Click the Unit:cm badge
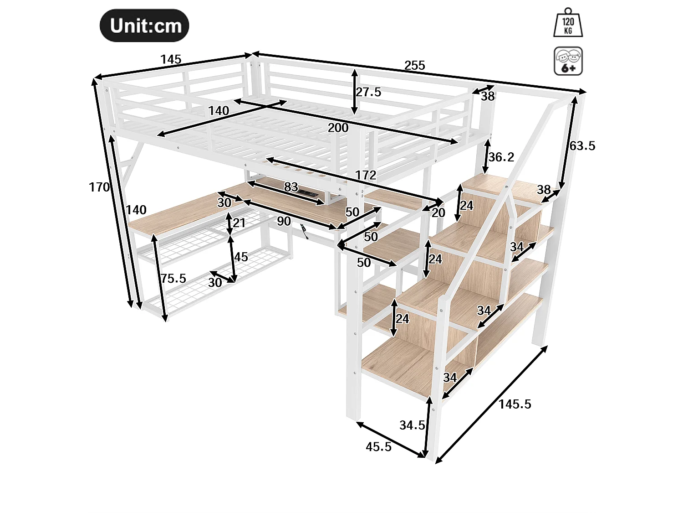[x=144, y=26]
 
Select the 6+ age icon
[x=568, y=61]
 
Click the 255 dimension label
[x=414, y=66]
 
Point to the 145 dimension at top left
[x=171, y=59]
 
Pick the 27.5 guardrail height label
[x=368, y=92]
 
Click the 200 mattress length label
[x=338, y=128]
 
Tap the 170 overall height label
[x=99, y=187]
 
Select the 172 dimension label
[x=366, y=175]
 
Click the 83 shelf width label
[x=291, y=187]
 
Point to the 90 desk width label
[x=284, y=221]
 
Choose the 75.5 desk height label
[x=173, y=278]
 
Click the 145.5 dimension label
[x=515, y=404]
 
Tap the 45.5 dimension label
[x=378, y=447]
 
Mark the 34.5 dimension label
[x=412, y=425]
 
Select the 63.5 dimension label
[x=582, y=146]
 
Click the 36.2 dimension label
[x=501, y=157]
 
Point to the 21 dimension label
[x=239, y=223]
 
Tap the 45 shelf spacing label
[x=241, y=257]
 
